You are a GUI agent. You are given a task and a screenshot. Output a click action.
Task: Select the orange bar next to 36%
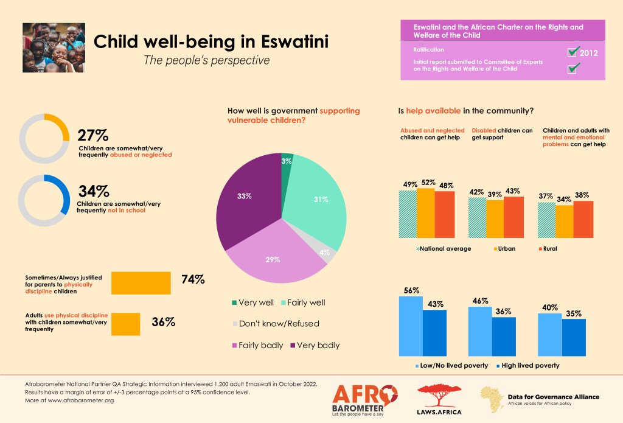point(126,323)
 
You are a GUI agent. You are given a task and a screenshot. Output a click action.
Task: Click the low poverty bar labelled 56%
point(410,326)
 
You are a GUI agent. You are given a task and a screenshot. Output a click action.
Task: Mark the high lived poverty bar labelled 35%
point(574,337)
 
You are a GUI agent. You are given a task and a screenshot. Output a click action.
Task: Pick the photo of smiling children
point(54,47)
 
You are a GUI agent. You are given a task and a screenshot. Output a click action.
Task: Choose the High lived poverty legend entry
point(526,365)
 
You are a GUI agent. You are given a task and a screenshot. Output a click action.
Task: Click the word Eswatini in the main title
point(287,42)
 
